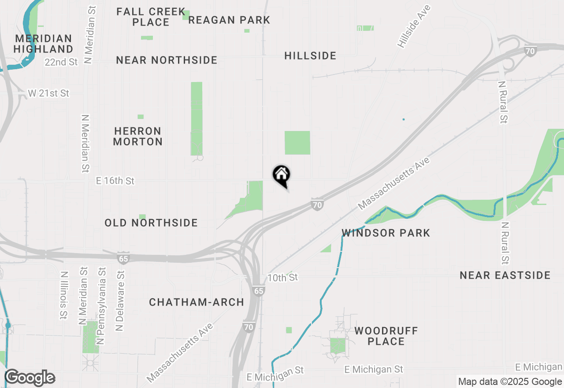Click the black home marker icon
(281, 175)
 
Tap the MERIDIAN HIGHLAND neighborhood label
(43, 44)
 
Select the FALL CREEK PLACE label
(151, 17)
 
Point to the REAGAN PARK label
(229, 20)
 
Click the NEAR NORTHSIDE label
(167, 60)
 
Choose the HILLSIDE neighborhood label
(310, 56)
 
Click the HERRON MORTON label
(138, 136)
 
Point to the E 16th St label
(115, 181)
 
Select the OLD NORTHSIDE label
(151, 223)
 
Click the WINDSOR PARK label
(386, 233)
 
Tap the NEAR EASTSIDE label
(505, 275)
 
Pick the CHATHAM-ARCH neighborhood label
(197, 302)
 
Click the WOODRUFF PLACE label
(386, 336)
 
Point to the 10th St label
(282, 278)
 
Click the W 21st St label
(49, 93)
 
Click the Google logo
(30, 377)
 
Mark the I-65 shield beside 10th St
(259, 291)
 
